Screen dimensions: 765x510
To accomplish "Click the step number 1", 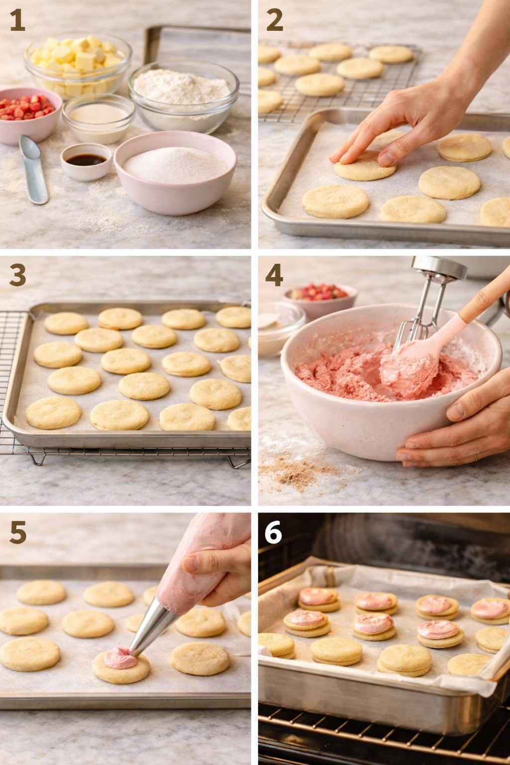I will tap(17, 21).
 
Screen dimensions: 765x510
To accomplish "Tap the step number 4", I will tap(274, 274).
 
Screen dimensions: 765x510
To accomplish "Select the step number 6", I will tap(273, 532).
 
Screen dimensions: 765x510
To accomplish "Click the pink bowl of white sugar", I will tap(175, 170).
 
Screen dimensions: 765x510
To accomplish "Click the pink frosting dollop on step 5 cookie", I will tap(120, 659).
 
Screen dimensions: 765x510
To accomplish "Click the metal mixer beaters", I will tap(423, 309).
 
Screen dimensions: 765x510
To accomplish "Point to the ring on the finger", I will tap(476, 455).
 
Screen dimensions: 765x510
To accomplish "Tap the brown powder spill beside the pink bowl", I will tap(294, 473).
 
